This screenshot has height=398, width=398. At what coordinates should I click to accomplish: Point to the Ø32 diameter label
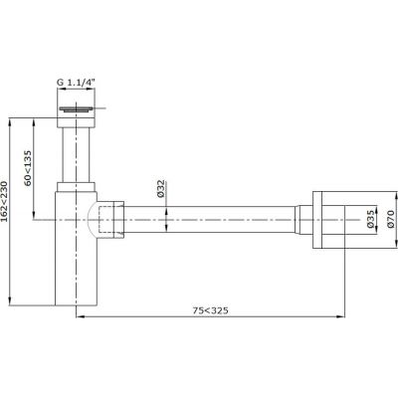tap(159, 189)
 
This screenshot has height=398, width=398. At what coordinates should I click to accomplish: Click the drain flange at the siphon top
tap(77, 108)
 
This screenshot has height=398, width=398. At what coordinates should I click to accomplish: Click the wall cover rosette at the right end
tap(334, 219)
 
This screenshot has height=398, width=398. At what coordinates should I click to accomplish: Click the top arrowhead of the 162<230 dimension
tap(11, 120)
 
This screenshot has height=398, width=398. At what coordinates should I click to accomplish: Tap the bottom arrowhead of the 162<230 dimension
tap(11, 303)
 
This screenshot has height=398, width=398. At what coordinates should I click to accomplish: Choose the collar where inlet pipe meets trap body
tap(77, 187)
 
